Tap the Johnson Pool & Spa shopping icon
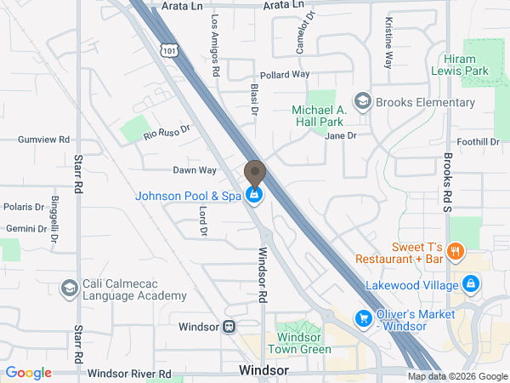click(253, 196)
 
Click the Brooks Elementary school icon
click(364, 102)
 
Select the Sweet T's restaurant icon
click(456, 250)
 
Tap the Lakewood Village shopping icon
click(470, 284)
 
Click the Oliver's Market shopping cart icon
click(363, 318)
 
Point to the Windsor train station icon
click(229, 327)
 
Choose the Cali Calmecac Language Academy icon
click(67, 289)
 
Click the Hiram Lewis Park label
click(465, 65)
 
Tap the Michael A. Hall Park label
click(320, 117)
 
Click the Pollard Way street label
click(285, 75)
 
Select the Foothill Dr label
click(478, 141)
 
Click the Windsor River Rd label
click(129, 373)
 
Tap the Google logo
click(29, 373)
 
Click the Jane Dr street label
click(339, 135)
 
